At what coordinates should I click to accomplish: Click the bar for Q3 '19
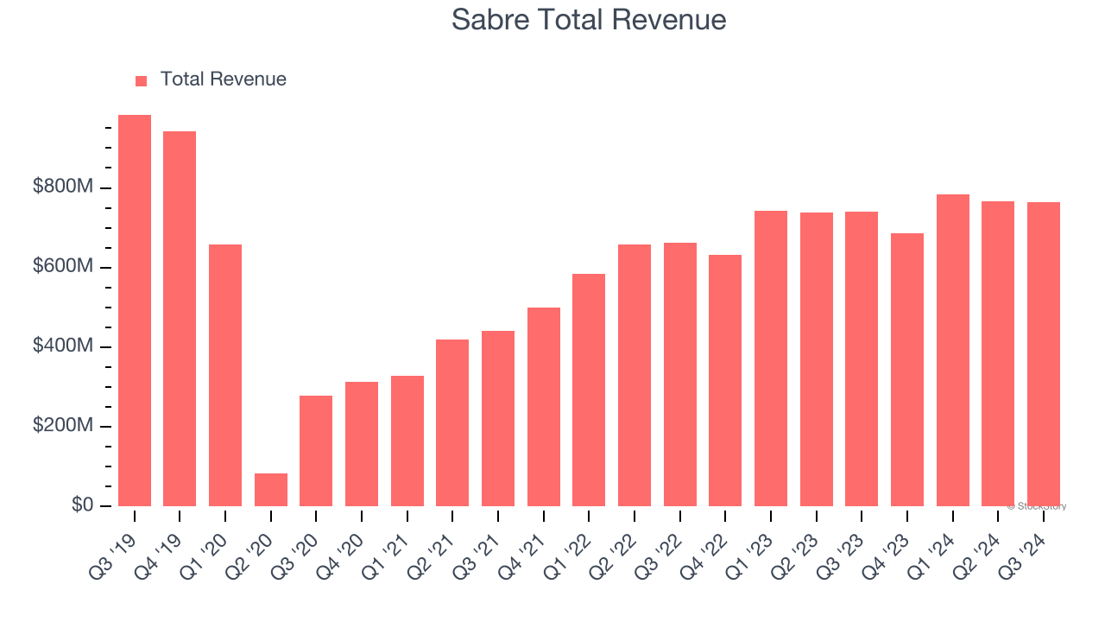pos(135,311)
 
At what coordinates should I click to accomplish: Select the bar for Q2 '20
pos(271,490)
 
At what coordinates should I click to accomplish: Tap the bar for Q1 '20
pos(225,376)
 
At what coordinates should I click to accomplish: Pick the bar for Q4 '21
pos(544,407)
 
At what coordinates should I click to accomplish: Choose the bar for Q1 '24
pos(953,351)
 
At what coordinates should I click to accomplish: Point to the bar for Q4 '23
pos(907,370)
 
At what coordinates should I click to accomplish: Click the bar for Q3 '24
pos(1044,354)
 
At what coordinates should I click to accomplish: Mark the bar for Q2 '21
pos(452,423)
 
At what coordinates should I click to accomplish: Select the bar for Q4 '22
pos(725,381)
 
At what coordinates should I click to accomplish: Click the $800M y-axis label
pos(64,187)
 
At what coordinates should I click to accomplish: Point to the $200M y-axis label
pos(64,426)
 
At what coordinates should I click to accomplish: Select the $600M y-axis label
pos(64,267)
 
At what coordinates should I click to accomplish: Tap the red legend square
pos(142,81)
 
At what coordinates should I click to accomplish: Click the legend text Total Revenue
pos(223,79)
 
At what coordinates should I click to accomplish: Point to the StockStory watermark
pos(1037,506)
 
